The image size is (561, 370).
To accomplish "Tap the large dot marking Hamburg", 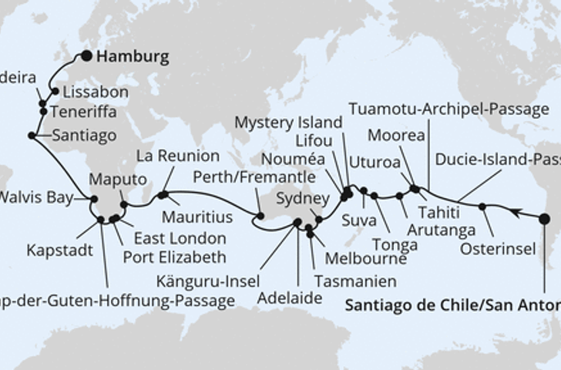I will click(x=86, y=55).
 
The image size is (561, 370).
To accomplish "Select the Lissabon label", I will click(x=95, y=92).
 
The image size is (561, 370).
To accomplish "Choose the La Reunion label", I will click(x=176, y=156).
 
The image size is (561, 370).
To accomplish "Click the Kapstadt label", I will click(x=57, y=251).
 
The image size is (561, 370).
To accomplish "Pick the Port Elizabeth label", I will click(x=176, y=256).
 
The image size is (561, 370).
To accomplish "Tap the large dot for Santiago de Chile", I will click(x=544, y=219).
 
